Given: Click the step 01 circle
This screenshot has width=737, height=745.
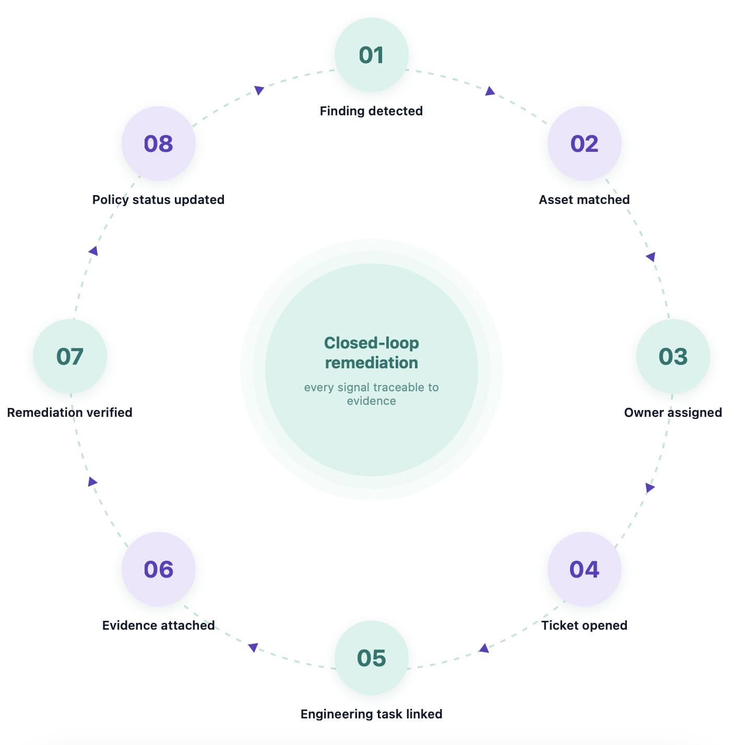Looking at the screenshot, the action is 371,54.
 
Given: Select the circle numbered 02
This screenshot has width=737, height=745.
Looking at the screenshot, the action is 584,143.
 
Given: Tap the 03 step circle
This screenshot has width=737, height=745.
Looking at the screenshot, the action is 673,356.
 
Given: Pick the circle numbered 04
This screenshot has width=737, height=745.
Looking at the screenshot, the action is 584,569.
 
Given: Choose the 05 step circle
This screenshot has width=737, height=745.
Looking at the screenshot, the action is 371,657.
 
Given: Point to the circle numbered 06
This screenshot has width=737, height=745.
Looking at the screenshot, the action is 158,569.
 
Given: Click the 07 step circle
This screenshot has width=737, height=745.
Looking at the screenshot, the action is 69,356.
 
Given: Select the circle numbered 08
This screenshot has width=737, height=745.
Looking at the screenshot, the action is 158,143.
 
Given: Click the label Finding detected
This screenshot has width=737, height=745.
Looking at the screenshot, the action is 371,111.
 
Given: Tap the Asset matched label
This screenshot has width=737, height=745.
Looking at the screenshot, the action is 584,199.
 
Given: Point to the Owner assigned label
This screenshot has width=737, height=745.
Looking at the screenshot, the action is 673,413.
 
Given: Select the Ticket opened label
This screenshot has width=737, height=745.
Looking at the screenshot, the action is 584,625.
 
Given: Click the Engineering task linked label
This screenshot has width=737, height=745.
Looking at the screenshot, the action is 371,714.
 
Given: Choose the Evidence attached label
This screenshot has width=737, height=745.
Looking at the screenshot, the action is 158,625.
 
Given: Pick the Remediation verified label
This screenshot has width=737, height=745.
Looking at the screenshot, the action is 69,413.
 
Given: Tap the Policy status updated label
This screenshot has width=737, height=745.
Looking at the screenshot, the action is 158,199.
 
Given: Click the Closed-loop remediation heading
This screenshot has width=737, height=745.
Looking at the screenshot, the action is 371,353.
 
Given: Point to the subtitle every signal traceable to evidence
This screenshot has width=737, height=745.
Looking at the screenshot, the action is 371,394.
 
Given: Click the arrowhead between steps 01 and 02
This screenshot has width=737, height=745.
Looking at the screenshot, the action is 490,91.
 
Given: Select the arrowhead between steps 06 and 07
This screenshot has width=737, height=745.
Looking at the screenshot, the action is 92,482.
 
